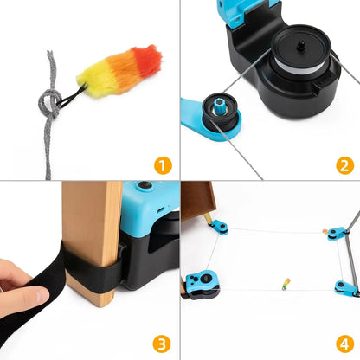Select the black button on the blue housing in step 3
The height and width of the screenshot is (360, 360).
click(x=143, y=186)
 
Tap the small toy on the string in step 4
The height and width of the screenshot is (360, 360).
click(x=285, y=283)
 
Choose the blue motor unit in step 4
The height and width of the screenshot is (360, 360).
click(x=202, y=284)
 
